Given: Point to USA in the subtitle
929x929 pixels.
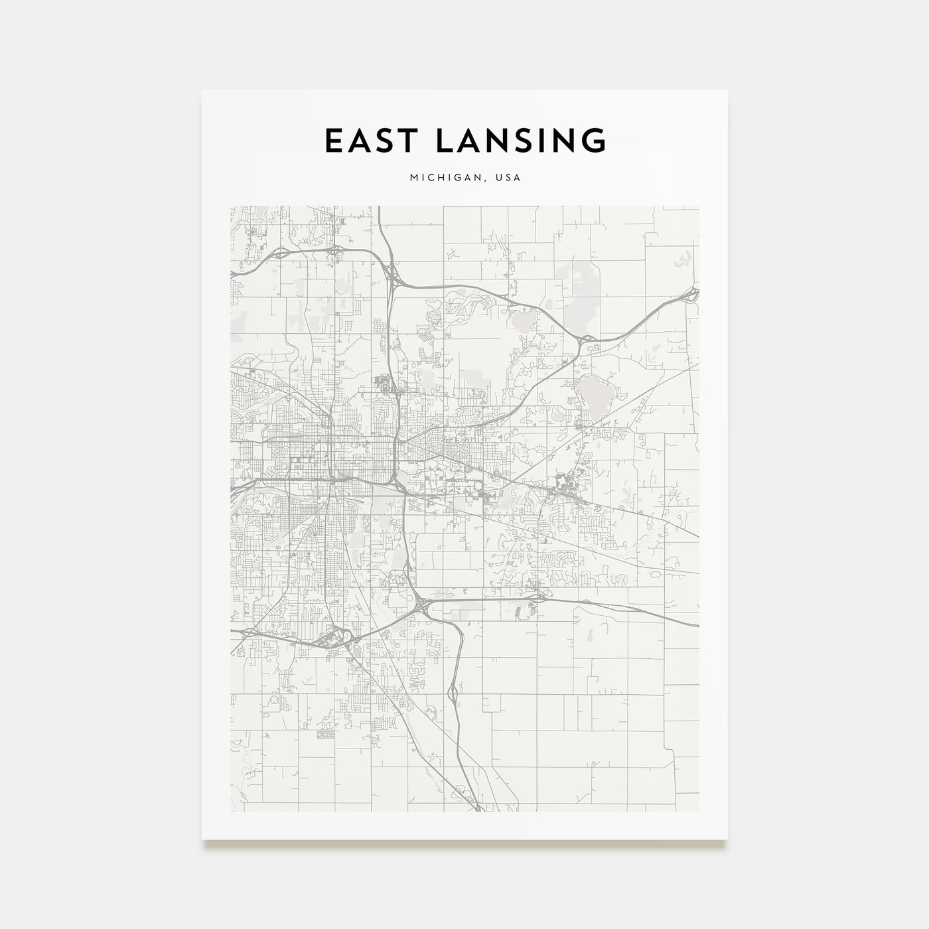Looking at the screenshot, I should coord(508,178).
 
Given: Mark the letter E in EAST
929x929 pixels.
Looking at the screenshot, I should coord(332,141).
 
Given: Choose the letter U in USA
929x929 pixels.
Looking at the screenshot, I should coord(498,178).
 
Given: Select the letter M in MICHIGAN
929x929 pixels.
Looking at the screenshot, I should coord(415,178).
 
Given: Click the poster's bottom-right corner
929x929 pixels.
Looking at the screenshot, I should coord(727,840).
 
